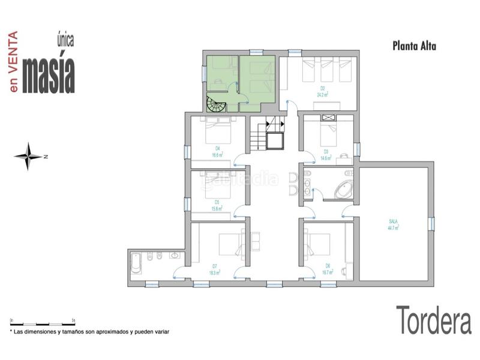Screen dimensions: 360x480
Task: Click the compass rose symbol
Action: [29, 157]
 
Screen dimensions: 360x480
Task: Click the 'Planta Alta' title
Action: [413, 44]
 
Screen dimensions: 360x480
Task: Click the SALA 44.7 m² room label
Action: [394, 224]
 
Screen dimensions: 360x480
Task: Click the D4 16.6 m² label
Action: [217, 151]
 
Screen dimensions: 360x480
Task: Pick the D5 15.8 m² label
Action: [217, 205]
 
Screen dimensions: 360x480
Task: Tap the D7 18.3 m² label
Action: [215, 269]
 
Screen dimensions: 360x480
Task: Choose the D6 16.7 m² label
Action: [328, 269]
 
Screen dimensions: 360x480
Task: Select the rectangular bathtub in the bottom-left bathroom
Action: [136, 263]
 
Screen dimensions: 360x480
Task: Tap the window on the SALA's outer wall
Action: [431, 224]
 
